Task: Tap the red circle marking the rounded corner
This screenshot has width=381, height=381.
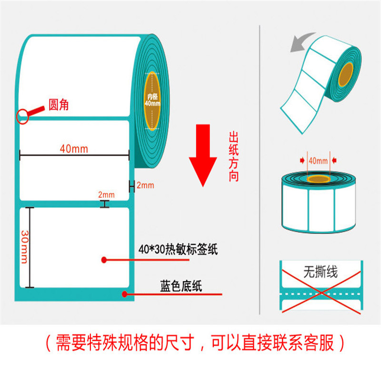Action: pos(22,116)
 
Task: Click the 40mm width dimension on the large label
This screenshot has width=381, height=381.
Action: pos(73,148)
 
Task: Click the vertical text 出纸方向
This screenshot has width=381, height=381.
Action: pos(233,158)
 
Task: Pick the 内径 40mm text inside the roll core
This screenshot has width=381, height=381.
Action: pos(152,100)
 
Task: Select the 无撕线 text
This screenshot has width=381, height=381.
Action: pos(320,272)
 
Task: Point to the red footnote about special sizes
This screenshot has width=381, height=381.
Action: pos(190,342)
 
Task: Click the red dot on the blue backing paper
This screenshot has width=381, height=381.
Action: pos(125,294)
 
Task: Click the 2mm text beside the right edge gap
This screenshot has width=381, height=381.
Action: pos(145,185)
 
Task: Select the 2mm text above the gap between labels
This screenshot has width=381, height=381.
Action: pos(106,194)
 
